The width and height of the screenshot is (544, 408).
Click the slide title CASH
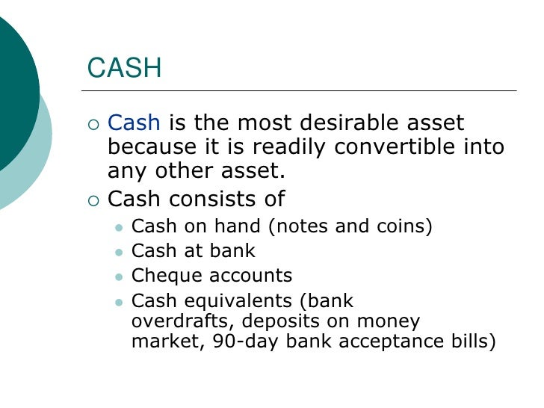click(124, 69)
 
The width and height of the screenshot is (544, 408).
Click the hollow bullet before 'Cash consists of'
click(93, 200)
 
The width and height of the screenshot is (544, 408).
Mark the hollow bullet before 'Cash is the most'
click(93, 123)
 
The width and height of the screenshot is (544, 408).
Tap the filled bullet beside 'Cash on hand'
click(117, 227)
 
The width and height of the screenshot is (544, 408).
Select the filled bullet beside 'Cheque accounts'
click(117, 276)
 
